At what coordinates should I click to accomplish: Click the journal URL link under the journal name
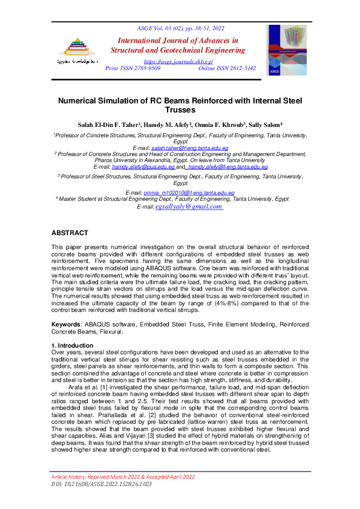coord(179,62)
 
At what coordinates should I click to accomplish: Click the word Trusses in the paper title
coord(179,111)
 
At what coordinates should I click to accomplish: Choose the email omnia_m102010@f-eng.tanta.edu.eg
coord(189,192)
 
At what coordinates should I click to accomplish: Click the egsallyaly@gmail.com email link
coord(189,207)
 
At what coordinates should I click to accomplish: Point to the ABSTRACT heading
coord(70,233)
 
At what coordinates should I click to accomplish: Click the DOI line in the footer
coord(92,484)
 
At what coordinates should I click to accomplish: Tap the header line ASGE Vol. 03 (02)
coord(180,28)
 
